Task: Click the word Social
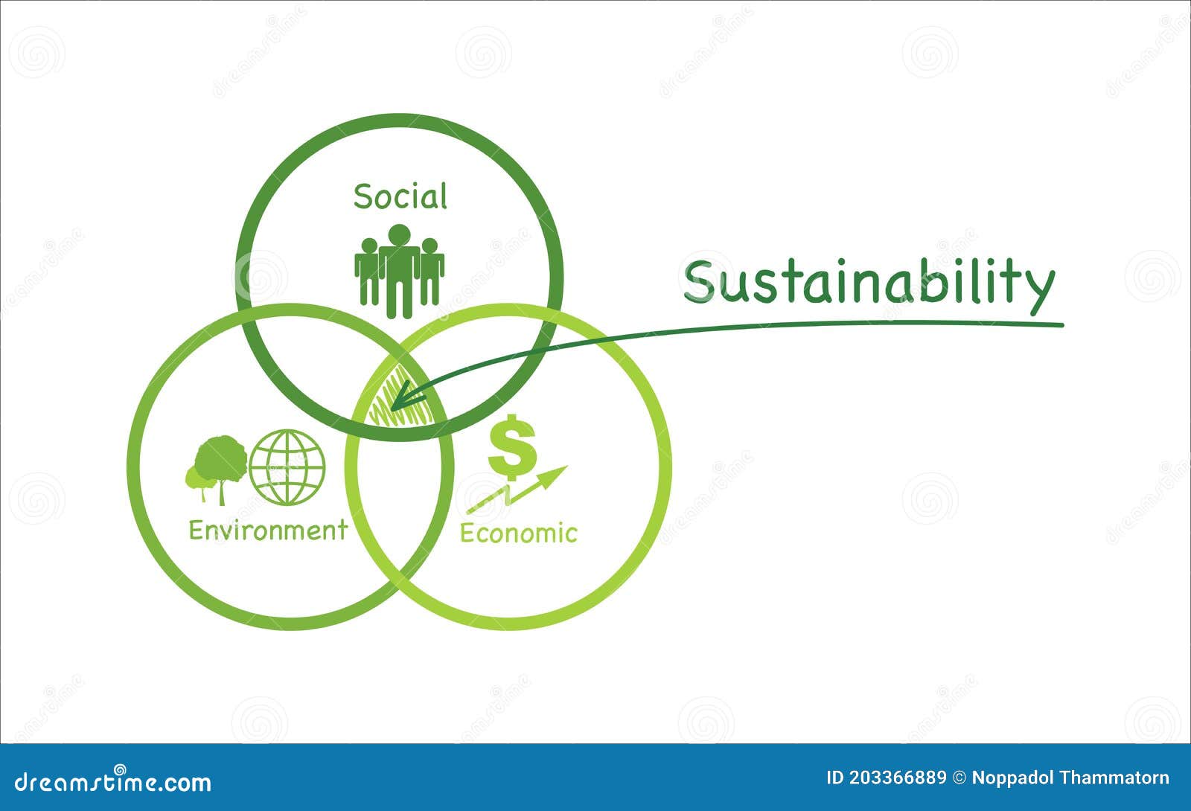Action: (400, 196)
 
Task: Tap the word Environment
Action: (268, 530)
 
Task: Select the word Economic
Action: (518, 533)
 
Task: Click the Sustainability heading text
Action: (869, 282)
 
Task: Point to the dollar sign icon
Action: (512, 444)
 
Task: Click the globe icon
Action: (287, 467)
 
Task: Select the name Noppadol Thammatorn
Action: (1070, 778)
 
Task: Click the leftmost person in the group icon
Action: (367, 271)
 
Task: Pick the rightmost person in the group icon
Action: (431, 271)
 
